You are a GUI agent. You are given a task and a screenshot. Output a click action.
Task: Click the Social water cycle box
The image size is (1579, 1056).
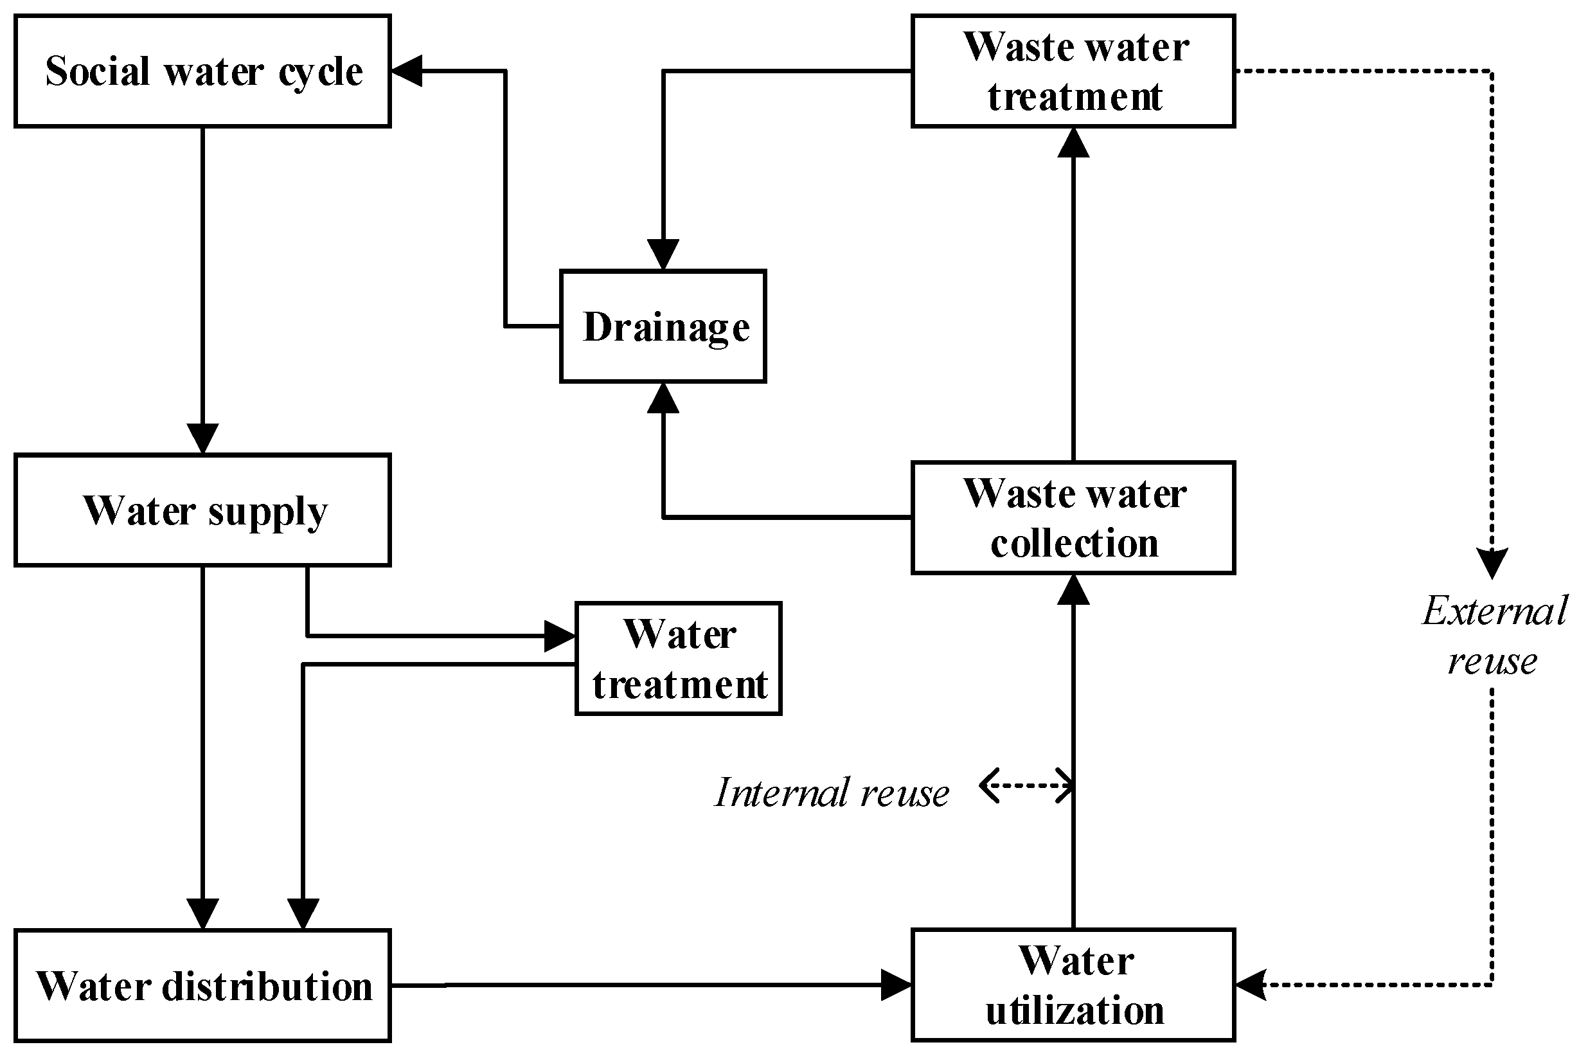point(202,71)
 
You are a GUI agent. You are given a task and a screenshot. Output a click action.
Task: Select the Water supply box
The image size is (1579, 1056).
point(202,510)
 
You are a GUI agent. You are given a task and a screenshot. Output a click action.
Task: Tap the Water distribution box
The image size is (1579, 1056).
point(202,985)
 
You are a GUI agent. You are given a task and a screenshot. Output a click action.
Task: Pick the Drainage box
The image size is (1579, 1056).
point(663,327)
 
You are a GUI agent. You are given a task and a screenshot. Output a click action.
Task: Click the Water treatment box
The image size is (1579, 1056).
point(678,659)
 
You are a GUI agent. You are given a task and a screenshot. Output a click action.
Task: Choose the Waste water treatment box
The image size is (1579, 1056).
point(1073,71)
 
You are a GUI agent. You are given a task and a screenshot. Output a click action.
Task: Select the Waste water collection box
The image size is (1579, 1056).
point(1073,517)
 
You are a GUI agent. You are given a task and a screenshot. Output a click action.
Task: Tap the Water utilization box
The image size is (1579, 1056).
point(1073,985)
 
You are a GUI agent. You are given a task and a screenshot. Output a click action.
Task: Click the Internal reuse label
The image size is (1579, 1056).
point(832,792)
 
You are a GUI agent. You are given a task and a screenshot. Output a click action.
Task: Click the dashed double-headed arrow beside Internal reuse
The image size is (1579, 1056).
point(1026,785)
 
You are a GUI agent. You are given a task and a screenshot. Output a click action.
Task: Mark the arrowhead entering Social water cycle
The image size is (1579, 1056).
point(407,71)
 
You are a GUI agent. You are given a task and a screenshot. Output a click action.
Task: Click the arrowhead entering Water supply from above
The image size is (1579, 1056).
point(202,439)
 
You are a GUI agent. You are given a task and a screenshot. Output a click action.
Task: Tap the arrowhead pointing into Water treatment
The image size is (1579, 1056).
point(560,636)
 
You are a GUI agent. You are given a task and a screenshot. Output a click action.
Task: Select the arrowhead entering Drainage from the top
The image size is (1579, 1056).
point(663,255)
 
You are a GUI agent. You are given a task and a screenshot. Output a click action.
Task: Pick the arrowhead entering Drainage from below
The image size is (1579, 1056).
point(663,398)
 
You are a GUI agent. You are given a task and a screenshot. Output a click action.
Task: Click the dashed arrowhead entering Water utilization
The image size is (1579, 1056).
point(1251,985)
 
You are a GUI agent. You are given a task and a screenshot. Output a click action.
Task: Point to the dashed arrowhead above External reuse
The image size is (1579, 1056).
point(1492,563)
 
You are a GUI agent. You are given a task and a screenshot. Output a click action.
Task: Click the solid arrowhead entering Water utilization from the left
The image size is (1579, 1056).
point(897,985)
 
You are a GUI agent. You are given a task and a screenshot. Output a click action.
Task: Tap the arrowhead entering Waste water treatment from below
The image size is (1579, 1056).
point(1073,142)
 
